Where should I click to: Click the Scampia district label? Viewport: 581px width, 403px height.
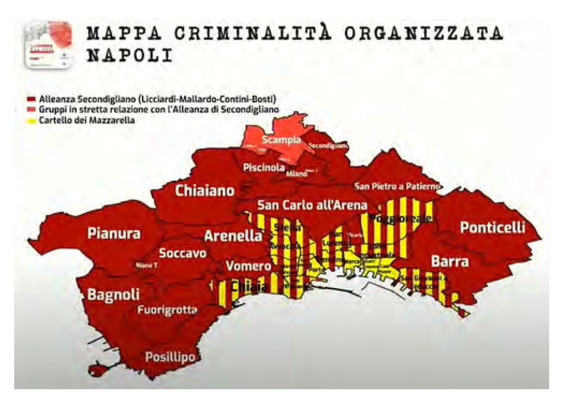click(281, 140)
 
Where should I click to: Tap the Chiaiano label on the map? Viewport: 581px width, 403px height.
click(205, 191)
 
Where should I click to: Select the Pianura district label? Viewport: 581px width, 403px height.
click(114, 233)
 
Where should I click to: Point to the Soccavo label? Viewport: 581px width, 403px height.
click(183, 253)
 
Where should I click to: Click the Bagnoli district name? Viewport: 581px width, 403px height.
click(113, 294)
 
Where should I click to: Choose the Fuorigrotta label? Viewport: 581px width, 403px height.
click(167, 310)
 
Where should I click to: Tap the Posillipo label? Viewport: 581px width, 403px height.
click(170, 357)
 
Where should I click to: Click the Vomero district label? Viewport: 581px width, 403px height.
click(248, 266)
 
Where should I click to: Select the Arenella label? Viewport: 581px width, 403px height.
click(233, 236)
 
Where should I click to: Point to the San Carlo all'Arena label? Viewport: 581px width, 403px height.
click(312, 205)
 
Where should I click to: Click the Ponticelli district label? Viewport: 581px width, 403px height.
click(492, 227)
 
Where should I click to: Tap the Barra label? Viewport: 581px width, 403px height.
click(450, 261)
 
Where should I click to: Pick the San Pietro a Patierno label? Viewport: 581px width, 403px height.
click(397, 186)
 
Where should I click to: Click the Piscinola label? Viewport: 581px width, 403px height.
click(264, 168)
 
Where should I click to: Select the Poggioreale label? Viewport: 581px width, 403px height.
click(402, 218)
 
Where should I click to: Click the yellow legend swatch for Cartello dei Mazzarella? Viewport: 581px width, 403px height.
click(32, 121)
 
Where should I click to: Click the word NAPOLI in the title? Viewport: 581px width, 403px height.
click(129, 55)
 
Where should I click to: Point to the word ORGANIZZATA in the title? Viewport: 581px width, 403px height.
click(423, 33)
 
